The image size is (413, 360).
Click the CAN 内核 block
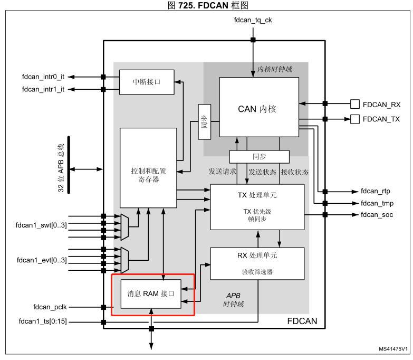tap(259, 108)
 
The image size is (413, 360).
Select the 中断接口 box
tap(146, 82)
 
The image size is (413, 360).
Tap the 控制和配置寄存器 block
tap(148, 167)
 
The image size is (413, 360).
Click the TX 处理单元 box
tap(257, 206)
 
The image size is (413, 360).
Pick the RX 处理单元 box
tap(257, 263)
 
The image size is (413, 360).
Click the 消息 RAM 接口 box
tap(151, 293)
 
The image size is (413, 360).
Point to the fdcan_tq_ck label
tap(253, 21)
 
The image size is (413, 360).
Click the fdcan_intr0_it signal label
tap(43, 77)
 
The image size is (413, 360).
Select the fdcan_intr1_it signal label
tap(43, 89)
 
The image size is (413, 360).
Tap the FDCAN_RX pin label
tap(381, 104)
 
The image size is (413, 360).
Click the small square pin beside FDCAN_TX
tap(355, 119)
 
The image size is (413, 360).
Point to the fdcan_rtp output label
tap(375, 191)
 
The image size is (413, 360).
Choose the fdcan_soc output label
tap(377, 215)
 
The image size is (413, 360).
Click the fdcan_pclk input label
tap(49, 307)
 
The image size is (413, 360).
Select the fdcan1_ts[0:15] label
tap(43, 321)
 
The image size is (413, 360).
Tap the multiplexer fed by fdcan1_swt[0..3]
tap(124, 226)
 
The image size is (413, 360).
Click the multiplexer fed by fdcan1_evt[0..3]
tap(124, 256)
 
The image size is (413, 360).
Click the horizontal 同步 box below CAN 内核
tap(259, 157)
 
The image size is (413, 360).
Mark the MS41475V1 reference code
tap(392, 349)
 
